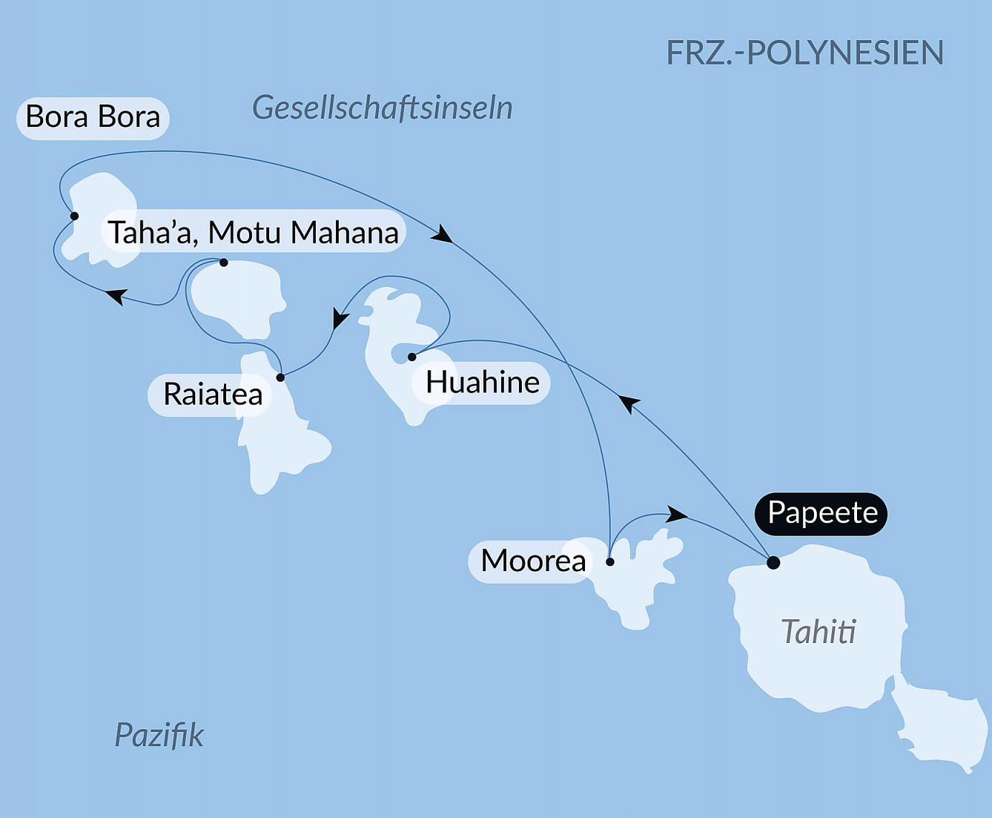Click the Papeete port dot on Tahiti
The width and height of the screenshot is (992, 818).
[x=773, y=563]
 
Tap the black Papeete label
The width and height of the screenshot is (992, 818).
[x=822, y=513]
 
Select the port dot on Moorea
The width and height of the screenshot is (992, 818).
[x=610, y=562]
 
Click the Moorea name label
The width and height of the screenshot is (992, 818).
[x=533, y=561]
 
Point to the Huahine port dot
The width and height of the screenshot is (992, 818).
[x=412, y=357]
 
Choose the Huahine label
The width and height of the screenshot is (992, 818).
[x=482, y=382]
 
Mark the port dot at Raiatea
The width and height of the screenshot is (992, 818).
[x=281, y=377]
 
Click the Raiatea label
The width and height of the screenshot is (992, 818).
[x=212, y=394]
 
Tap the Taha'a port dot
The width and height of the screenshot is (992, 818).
[x=224, y=263]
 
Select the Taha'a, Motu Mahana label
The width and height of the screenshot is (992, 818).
[x=253, y=232]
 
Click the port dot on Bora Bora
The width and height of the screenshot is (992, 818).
[x=74, y=216]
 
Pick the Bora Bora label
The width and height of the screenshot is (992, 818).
[x=93, y=117]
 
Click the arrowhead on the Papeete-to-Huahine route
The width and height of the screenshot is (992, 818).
[x=629, y=403]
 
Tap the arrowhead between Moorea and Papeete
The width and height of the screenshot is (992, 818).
[x=676, y=514]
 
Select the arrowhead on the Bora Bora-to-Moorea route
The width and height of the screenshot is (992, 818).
[x=443, y=234]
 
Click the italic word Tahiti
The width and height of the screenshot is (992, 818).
[x=818, y=632]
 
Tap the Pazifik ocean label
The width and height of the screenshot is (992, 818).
[x=159, y=735]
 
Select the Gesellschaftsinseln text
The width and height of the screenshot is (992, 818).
[x=382, y=108]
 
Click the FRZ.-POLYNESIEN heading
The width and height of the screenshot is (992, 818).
[x=805, y=53]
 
